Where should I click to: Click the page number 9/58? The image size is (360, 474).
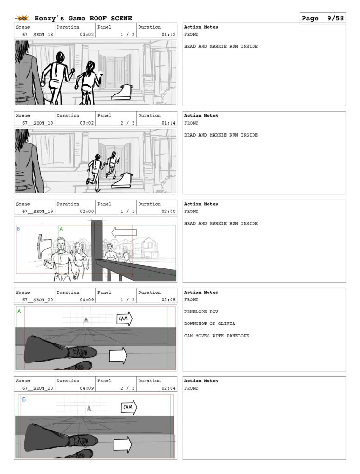335,19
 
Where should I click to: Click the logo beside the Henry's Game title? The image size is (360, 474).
22,19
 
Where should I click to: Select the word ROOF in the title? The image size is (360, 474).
98,19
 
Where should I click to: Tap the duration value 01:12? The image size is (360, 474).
168,34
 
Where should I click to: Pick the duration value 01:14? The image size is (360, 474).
168,123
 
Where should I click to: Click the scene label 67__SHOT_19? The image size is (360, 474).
38,211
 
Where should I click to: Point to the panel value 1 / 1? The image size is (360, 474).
127,211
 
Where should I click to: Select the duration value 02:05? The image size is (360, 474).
168,300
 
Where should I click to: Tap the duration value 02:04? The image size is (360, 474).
168,388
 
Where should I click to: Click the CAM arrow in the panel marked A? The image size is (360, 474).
125,318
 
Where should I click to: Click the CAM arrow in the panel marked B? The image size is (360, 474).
129,407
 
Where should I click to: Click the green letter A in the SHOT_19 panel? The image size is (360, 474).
61,229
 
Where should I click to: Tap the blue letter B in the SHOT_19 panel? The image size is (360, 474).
19,229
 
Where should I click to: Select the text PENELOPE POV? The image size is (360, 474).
201,312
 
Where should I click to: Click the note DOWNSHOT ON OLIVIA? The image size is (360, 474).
209,324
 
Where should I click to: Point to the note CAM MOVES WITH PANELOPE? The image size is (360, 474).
217,336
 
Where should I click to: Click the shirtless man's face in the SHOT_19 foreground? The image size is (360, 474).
62,244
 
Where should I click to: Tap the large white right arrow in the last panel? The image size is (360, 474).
123,444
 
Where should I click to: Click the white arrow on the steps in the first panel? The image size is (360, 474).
122,92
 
